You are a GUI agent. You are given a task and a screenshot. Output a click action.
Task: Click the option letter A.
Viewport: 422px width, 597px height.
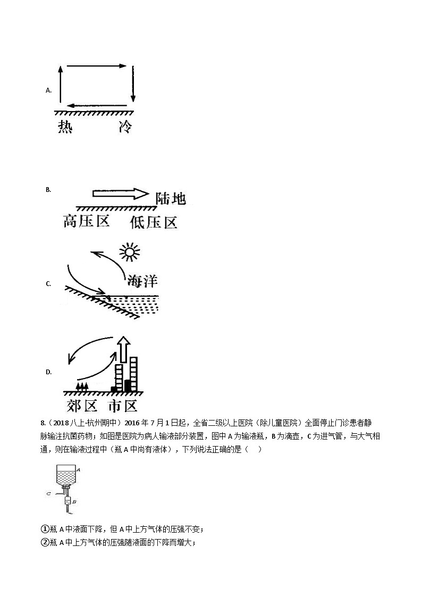pyautogui.click(x=48, y=90)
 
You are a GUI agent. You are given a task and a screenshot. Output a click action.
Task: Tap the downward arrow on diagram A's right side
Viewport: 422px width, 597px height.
pyautogui.click(x=133, y=84)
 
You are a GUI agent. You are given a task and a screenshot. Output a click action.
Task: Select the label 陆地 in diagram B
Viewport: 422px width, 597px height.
pyautogui.click(x=171, y=198)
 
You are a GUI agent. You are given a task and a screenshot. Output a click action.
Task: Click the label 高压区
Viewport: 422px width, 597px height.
pyautogui.click(x=86, y=221)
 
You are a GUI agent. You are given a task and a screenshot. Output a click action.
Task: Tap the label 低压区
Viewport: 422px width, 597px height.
pyautogui.click(x=154, y=222)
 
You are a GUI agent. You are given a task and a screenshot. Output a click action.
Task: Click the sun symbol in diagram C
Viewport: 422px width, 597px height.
pyautogui.click(x=129, y=253)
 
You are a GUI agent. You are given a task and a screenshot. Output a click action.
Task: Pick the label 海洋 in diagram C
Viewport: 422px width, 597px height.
pyautogui.click(x=141, y=281)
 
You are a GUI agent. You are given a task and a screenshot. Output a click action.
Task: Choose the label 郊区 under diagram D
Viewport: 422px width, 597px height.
pyautogui.click(x=82, y=406)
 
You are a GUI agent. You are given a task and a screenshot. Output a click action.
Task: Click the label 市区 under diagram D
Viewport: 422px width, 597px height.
pyautogui.click(x=123, y=406)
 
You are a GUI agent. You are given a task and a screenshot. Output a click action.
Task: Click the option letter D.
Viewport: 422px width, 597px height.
pyautogui.click(x=48, y=372)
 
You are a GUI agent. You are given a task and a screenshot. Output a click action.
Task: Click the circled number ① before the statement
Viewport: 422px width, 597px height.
pyautogui.click(x=45, y=529)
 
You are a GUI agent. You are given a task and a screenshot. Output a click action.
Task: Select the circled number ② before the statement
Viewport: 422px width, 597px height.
pyautogui.click(x=45, y=542)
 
